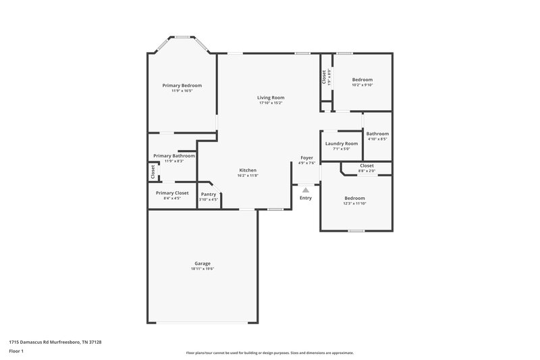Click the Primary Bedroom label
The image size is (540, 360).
[x=182, y=86]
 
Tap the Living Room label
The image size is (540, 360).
[x=270, y=97]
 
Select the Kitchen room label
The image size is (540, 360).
[x=248, y=170]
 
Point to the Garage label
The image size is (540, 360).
[x=202, y=263]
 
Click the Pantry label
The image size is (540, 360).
[x=209, y=194]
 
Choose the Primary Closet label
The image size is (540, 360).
[x=171, y=193]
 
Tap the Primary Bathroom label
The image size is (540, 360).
[x=174, y=155]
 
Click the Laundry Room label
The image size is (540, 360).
[x=341, y=143]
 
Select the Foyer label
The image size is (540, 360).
[x=307, y=157]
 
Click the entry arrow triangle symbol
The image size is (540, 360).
[x=306, y=190]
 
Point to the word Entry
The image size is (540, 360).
[x=306, y=198]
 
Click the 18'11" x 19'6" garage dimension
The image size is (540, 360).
[x=202, y=269]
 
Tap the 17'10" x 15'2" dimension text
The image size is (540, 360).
[x=270, y=103]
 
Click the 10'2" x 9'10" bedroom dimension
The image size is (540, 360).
[x=362, y=85]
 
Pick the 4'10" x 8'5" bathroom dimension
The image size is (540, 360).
[x=377, y=139]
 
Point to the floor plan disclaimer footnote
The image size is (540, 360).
[x=269, y=353]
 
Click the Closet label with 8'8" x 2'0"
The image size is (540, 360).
[x=367, y=165]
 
